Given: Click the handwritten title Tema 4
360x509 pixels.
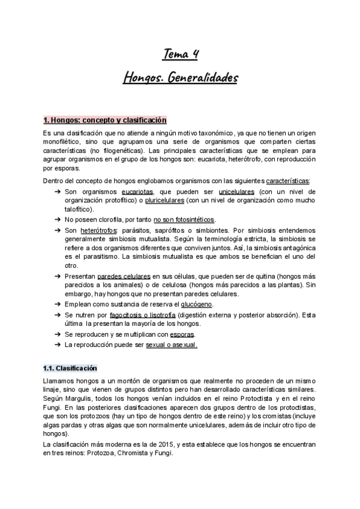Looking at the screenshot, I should (181, 55).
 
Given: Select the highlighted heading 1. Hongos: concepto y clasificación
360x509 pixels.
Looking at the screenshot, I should (105, 120).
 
